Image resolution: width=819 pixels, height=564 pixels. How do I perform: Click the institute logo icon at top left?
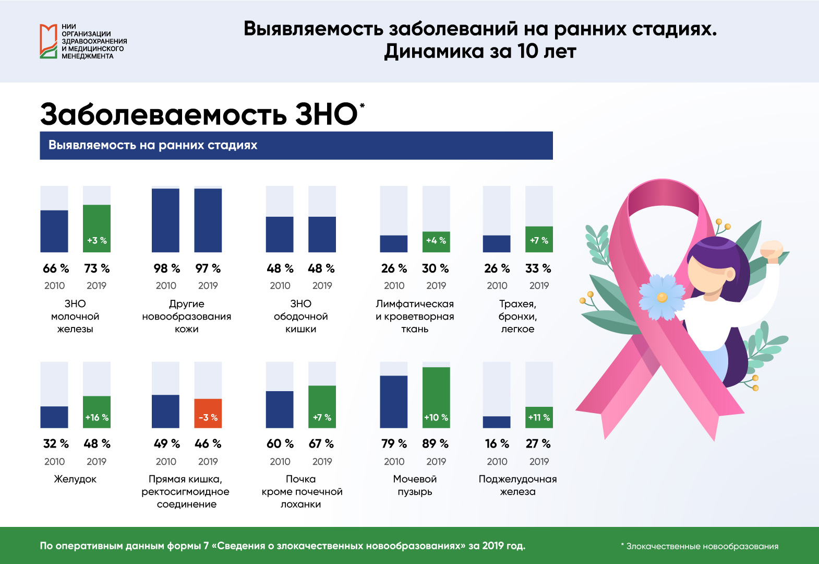49,41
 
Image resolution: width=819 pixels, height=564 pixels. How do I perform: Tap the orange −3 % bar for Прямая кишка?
208,413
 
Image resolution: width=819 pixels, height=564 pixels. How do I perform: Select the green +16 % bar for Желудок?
97,412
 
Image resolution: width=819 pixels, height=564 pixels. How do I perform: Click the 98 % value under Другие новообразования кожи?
167,268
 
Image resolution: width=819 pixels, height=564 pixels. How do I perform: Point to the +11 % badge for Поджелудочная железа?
539,417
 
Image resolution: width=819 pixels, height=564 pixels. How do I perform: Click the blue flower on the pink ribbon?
662,297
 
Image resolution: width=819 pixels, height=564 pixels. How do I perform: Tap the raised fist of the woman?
772,251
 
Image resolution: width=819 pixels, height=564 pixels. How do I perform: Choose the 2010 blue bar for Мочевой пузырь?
393,402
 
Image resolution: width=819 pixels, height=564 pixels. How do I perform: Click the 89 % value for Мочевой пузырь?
435,443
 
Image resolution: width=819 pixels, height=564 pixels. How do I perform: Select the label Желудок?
75,479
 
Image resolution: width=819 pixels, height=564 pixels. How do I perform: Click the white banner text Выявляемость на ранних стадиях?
153,145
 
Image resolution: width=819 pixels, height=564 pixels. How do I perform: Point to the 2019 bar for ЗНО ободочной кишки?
322,234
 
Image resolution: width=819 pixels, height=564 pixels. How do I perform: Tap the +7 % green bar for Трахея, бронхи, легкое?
539,239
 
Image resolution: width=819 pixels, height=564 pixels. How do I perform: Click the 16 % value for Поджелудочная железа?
497,443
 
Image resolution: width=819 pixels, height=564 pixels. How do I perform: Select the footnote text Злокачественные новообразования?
702,546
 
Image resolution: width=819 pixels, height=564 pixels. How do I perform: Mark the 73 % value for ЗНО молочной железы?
97,268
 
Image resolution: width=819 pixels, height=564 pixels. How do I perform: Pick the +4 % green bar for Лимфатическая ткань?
436,242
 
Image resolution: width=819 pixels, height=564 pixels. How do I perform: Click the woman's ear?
730,274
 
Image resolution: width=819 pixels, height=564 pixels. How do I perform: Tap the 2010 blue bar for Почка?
279,409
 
